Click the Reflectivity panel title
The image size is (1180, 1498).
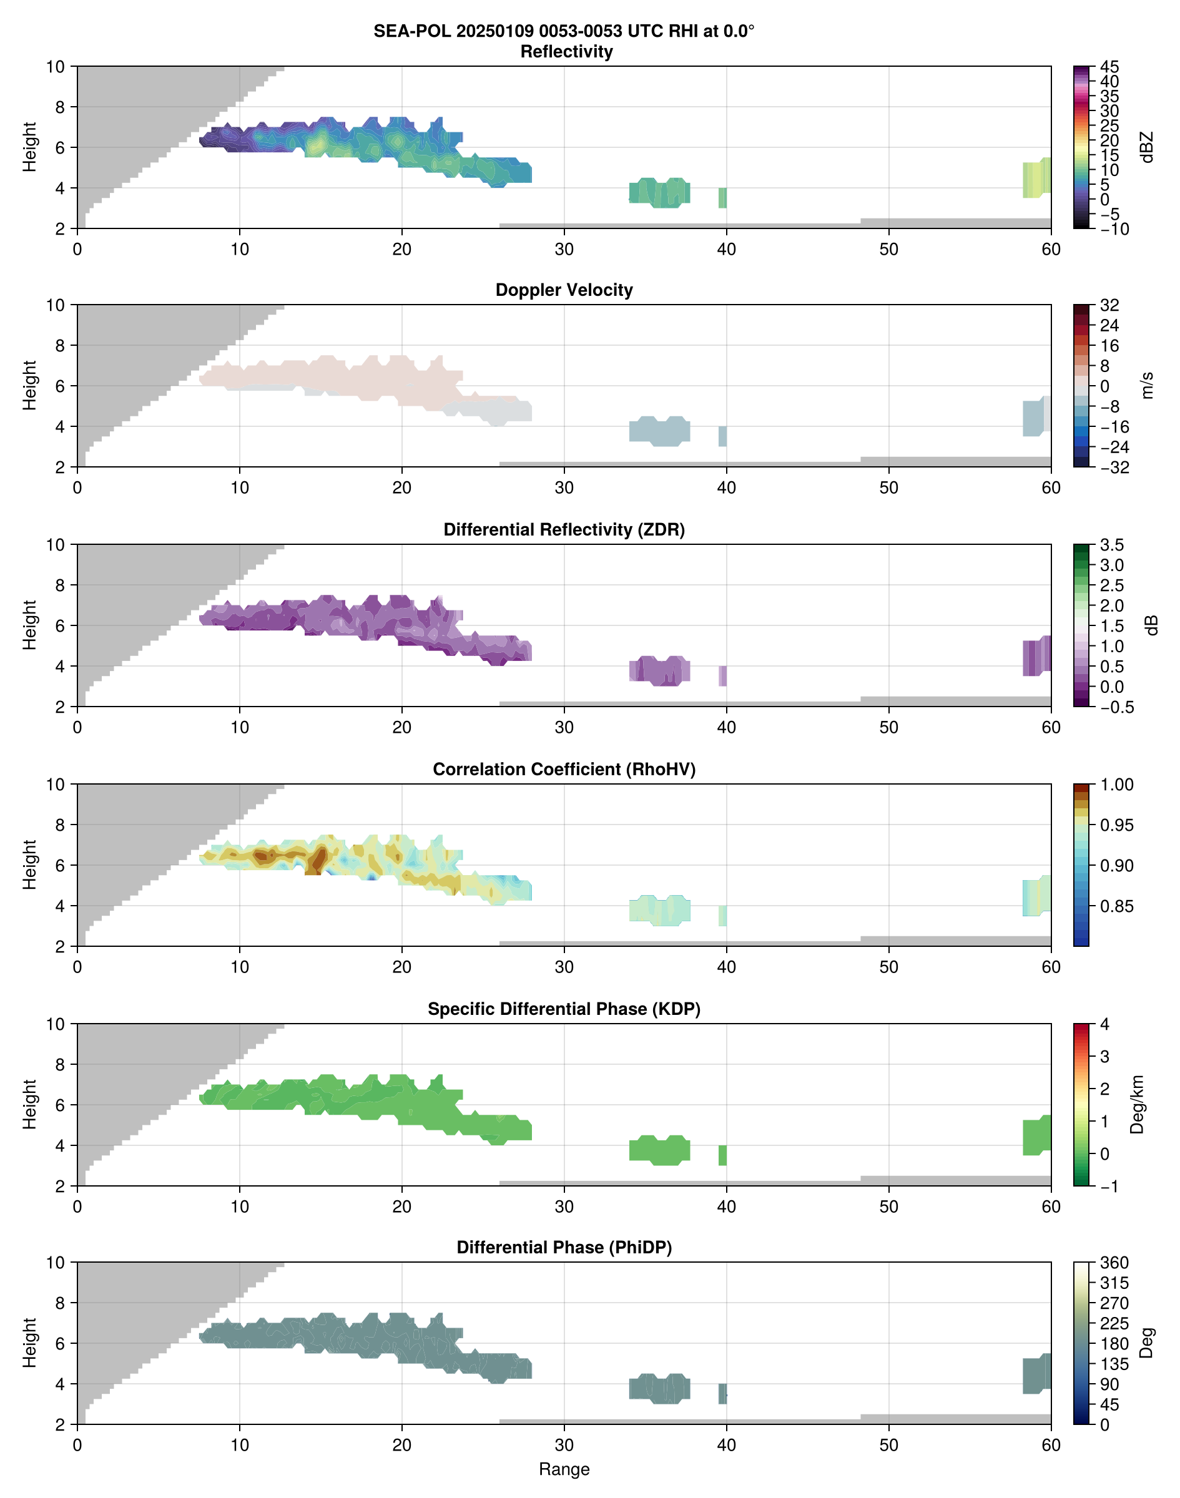(566, 52)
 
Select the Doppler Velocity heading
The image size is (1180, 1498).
(564, 290)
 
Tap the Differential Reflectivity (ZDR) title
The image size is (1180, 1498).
(564, 530)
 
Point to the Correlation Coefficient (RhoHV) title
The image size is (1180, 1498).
(564, 770)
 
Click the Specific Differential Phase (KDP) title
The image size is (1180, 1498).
(564, 1009)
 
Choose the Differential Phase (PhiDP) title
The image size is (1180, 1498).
(564, 1247)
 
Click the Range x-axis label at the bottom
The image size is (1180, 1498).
(564, 1469)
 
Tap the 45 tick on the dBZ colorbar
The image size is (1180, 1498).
(1109, 67)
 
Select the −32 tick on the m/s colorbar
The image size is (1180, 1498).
(1114, 468)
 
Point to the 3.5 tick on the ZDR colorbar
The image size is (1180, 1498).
(1111, 545)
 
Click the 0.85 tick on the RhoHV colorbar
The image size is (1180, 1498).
(1116, 906)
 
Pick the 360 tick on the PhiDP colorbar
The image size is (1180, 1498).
(1114, 1263)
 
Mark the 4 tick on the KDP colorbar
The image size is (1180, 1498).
(1104, 1024)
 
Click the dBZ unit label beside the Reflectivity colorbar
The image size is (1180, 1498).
(1147, 147)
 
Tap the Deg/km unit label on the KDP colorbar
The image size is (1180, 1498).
(1136, 1104)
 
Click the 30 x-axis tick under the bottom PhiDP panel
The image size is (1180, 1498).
(564, 1445)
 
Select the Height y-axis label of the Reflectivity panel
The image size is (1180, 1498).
(29, 147)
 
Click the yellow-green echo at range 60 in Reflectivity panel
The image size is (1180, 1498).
(1036, 178)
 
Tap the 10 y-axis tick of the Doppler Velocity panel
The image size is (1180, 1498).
(56, 305)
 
